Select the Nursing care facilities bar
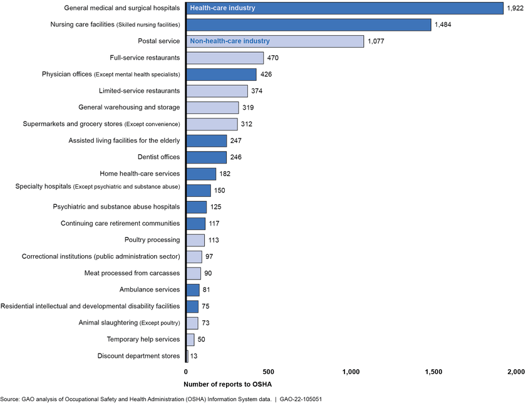pos(308,24)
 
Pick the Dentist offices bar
pos(206,157)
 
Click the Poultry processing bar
pos(195,240)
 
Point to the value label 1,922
pos(515,8)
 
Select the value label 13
pos(195,357)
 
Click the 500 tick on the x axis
pos(269,372)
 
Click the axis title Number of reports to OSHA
pos(224,384)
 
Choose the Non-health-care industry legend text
pos(230,41)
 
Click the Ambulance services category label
pos(150,290)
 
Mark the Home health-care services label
pos(140,174)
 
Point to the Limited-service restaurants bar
pos(217,91)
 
